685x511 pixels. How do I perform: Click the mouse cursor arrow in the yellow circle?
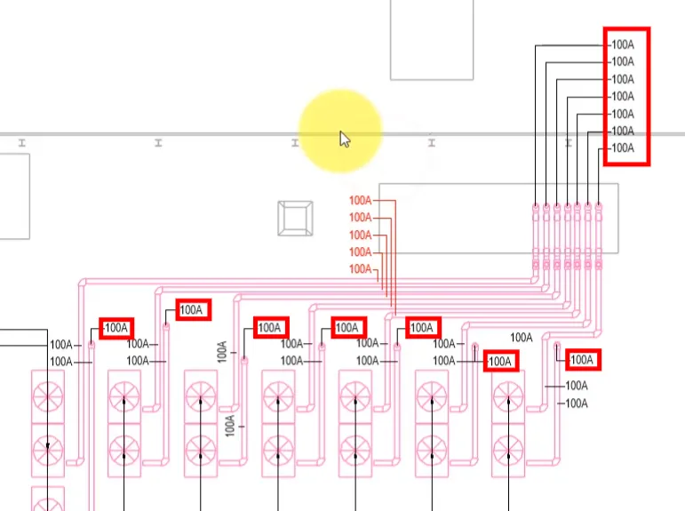(x=345, y=139)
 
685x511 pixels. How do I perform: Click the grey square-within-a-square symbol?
(x=296, y=219)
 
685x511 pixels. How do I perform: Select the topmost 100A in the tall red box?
(x=622, y=44)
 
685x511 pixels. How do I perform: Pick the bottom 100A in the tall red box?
(x=622, y=148)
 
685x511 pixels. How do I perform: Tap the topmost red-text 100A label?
(x=360, y=200)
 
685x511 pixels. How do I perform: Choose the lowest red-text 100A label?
(x=360, y=268)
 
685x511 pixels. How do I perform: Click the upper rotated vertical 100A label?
(x=223, y=350)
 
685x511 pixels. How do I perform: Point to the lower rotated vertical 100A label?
(x=230, y=425)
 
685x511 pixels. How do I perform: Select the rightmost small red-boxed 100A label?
(x=582, y=360)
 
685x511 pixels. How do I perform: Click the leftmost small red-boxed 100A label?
(x=115, y=328)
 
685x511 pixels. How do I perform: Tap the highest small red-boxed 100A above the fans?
(x=192, y=310)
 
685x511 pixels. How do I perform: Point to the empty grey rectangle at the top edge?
(x=432, y=39)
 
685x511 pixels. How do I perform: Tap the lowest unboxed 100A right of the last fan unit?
(x=577, y=403)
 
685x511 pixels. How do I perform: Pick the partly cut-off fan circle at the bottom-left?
(x=48, y=499)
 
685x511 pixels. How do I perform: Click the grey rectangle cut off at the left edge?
(x=13, y=196)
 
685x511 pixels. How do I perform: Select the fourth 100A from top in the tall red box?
(x=622, y=96)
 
